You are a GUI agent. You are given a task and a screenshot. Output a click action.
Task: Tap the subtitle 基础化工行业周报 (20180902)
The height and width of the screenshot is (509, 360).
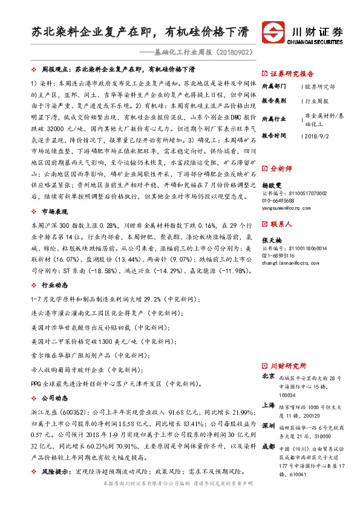pyautogui.click(x=200, y=53)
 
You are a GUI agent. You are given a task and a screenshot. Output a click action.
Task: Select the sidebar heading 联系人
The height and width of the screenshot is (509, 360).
pyautogui.click(x=281, y=224)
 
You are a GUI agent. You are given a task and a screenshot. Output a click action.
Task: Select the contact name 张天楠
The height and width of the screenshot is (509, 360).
pyautogui.click(x=272, y=240)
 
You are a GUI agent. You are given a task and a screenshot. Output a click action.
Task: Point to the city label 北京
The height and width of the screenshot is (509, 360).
pyautogui.click(x=268, y=376)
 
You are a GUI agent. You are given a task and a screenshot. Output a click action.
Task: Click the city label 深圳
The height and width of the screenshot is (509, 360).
pyautogui.click(x=268, y=426)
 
